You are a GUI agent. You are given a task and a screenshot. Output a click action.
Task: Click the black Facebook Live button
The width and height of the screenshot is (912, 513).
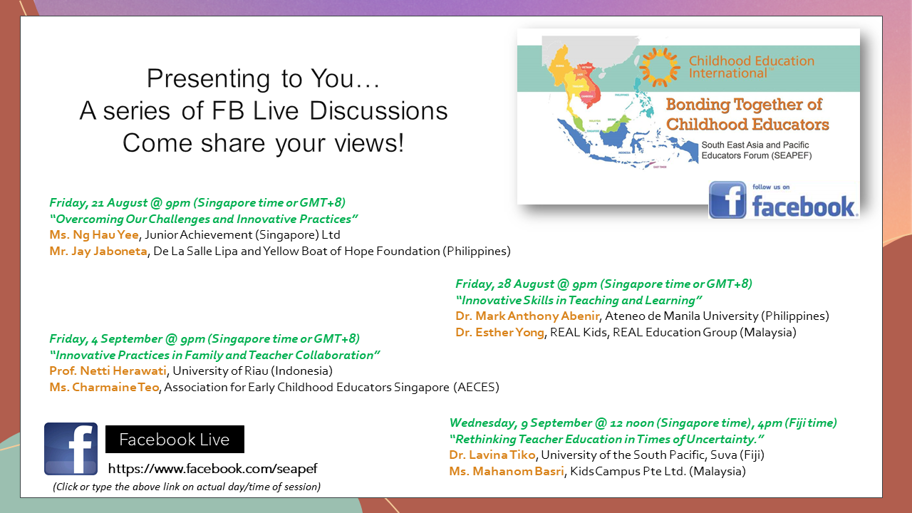[x=175, y=440]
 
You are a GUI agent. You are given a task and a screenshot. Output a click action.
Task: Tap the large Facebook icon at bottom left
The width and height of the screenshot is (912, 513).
[x=71, y=449]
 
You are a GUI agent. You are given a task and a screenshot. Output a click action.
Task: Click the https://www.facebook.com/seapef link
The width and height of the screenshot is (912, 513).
[x=212, y=469]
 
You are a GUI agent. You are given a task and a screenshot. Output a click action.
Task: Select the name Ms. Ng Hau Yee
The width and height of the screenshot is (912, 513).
[x=94, y=235]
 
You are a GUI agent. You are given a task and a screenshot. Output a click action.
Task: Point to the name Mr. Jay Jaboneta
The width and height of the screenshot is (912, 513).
[x=98, y=252]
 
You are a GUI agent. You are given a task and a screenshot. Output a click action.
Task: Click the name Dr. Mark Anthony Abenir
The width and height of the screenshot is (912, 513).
[x=527, y=316]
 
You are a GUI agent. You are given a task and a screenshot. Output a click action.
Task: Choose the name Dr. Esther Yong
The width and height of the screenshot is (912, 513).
[x=499, y=332]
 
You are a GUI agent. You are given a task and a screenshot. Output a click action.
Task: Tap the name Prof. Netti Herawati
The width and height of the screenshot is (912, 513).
[x=108, y=371]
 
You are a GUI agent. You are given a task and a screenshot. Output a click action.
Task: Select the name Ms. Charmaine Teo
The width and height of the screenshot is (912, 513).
[x=104, y=387]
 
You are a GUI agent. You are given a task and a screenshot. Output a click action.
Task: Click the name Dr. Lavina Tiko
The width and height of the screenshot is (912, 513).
[x=492, y=455]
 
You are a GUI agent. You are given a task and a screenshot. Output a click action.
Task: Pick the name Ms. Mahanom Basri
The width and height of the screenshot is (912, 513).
[x=507, y=472]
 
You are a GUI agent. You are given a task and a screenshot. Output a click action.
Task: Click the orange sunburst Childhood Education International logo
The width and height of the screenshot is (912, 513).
[x=659, y=67]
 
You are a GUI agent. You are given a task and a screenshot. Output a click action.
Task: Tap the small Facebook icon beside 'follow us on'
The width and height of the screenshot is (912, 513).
[x=727, y=200]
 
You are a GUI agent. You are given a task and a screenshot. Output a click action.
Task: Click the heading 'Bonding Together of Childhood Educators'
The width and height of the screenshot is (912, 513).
[x=747, y=115]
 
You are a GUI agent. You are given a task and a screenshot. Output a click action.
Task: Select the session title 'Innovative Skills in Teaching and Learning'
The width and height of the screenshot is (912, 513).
[x=579, y=301]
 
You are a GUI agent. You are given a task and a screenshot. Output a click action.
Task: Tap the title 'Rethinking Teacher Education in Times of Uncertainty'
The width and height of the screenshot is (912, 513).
[x=606, y=440]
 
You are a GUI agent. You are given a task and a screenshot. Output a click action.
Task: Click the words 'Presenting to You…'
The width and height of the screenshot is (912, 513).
[x=263, y=78]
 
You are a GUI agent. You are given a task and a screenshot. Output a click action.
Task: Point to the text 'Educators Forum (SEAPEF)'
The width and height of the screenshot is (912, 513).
[x=757, y=155]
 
